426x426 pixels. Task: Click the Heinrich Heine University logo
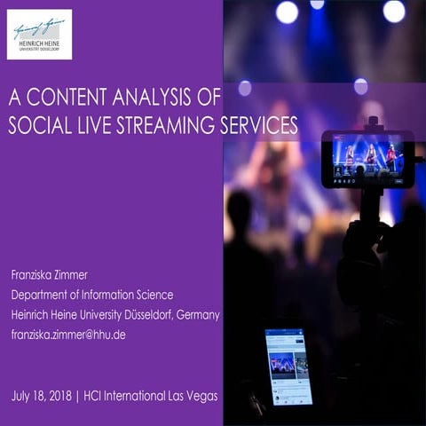(39, 34)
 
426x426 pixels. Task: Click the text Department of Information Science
(92, 295)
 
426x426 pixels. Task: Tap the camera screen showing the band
(367, 158)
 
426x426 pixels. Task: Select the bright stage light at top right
(393, 11)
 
